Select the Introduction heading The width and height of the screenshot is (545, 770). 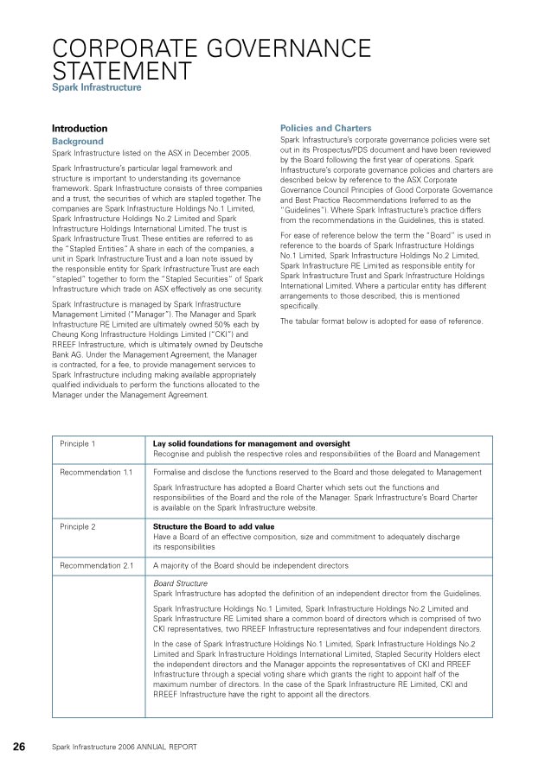pyautogui.click(x=80, y=128)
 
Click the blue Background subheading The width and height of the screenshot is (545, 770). pyautogui.click(x=77, y=141)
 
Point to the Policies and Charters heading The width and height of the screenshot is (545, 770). pyautogui.click(x=325, y=128)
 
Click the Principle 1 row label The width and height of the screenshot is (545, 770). pyautogui.click(x=78, y=443)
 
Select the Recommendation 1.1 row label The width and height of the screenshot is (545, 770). pyautogui.click(x=96, y=473)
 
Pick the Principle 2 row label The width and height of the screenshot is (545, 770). pyautogui.click(x=78, y=525)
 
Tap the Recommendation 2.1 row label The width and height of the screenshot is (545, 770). pyautogui.click(x=96, y=565)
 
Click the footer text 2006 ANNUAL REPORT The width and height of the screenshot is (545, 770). pyautogui.click(x=157, y=747)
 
